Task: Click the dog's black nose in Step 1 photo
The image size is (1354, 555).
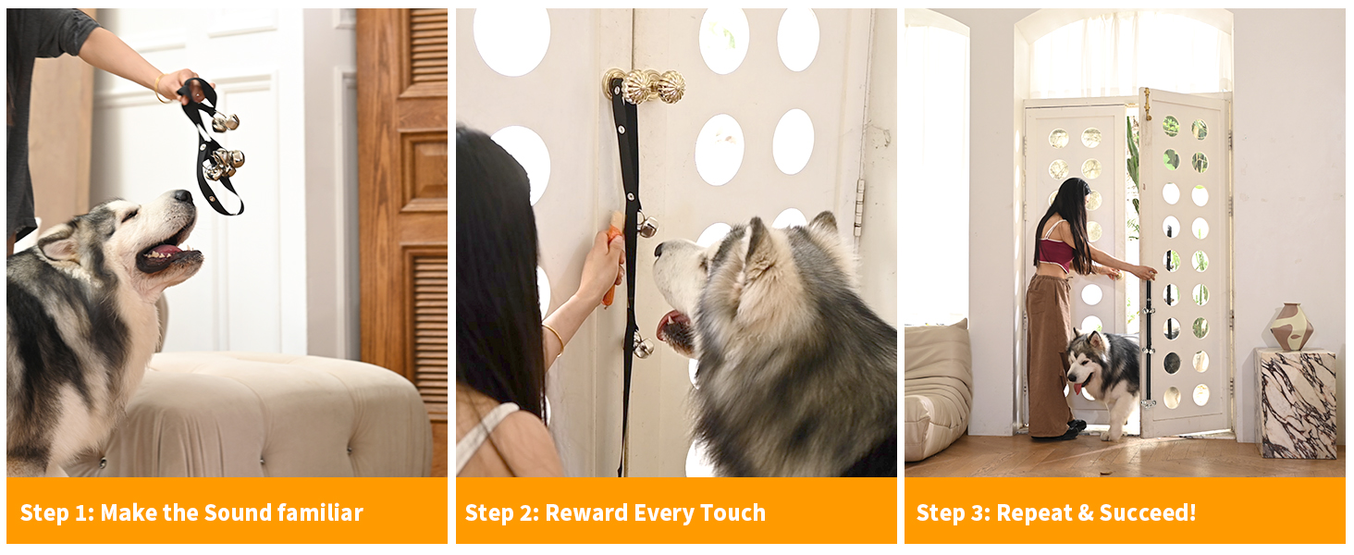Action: pyautogui.click(x=183, y=197)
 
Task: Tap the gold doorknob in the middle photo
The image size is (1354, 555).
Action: pyautogui.click(x=645, y=86)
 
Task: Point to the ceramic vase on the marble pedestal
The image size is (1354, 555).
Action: pyautogui.click(x=1291, y=326)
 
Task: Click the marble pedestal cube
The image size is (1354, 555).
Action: pyautogui.click(x=1295, y=402)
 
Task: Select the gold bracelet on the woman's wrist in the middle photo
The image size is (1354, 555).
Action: pyautogui.click(x=554, y=338)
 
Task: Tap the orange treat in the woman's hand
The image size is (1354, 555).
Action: pyautogui.click(x=612, y=259)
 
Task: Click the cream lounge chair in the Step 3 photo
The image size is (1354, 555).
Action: pyautogui.click(x=936, y=388)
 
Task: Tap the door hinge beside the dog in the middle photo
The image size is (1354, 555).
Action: pyautogui.click(x=859, y=207)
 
